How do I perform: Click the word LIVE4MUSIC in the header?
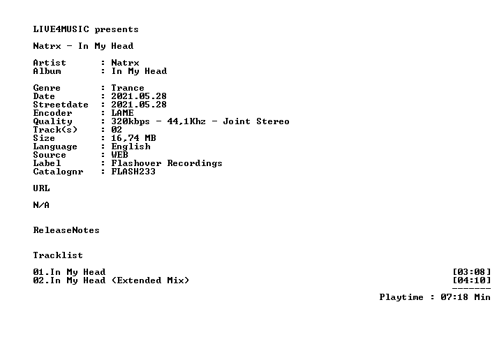[x=61, y=29]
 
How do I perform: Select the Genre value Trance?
[x=128, y=88]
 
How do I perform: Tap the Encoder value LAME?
[x=122, y=113]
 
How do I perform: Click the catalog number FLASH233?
[x=133, y=172]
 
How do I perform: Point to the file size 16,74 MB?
[x=133, y=138]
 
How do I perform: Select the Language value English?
[x=131, y=147]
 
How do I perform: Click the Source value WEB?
[x=119, y=155]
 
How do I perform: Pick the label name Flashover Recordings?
[x=167, y=163]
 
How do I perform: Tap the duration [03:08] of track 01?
[x=472, y=272]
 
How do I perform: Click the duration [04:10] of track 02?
[x=472, y=280]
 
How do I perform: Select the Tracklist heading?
[x=58, y=255]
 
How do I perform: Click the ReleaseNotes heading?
[x=66, y=230]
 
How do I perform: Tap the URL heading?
[x=41, y=188]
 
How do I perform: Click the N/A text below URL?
[x=41, y=205]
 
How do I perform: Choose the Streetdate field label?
[x=61, y=105]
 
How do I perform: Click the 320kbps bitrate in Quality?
[x=131, y=121]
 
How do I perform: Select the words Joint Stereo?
[x=256, y=121]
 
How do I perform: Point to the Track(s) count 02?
[x=117, y=130]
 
